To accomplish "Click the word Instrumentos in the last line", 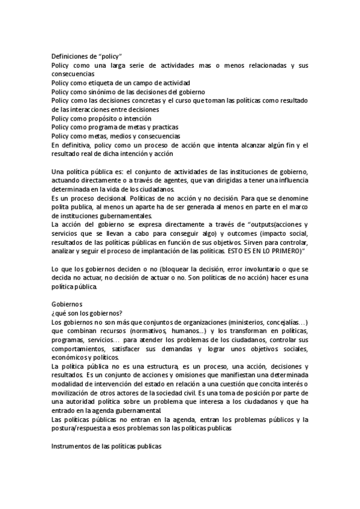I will point(72,447).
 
